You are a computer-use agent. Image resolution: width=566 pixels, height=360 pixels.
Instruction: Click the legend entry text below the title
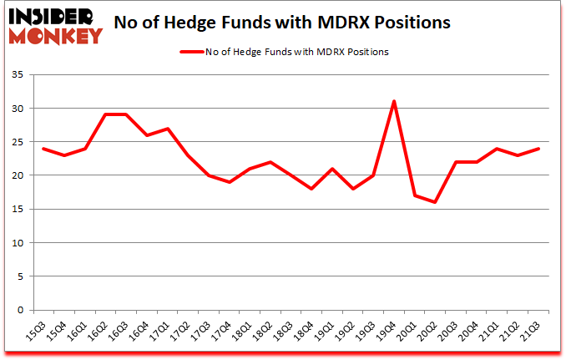coord(306,52)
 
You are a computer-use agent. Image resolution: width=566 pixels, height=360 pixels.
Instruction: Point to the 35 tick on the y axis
coord(17,75)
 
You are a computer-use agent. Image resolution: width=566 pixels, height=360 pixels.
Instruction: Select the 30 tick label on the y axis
coord(17,109)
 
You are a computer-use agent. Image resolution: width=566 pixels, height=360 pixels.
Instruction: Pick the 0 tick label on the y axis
coord(19,310)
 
